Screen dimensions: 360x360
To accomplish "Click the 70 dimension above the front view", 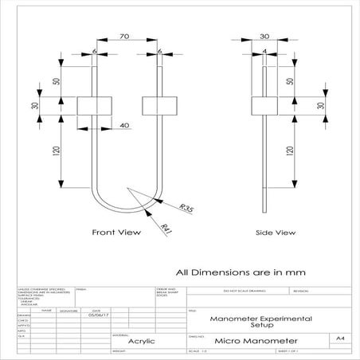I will coord(123,37).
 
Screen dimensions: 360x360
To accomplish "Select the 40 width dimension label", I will coord(124,125).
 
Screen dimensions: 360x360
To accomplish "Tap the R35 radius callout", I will coord(186,208).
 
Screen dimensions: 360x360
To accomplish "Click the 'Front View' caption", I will coord(115,233).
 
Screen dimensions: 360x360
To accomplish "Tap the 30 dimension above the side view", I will coord(264,37).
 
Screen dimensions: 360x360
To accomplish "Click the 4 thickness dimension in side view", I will coord(264,53).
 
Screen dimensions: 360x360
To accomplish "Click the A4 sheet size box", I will coord(340,338).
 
